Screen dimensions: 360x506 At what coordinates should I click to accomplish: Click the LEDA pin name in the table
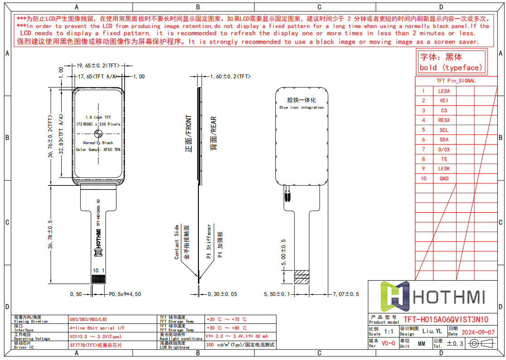[x=444, y=91]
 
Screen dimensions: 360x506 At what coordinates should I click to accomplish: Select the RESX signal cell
[x=444, y=120]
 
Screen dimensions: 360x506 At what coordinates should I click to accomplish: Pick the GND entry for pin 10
[x=444, y=179]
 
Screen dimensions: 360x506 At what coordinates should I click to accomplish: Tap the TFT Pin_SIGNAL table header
[x=456, y=81]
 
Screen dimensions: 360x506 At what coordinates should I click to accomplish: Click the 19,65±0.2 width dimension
[x=93, y=65]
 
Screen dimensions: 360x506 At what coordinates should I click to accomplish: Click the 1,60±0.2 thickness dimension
[x=230, y=77]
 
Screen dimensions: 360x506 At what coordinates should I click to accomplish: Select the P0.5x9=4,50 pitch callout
[x=125, y=294]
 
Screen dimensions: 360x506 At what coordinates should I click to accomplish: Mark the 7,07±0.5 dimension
[x=346, y=294]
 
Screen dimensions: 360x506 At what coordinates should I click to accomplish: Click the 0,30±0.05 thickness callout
[x=222, y=294]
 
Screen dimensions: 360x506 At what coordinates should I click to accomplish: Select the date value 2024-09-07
[x=478, y=332]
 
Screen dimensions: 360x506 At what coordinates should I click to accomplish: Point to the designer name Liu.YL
[x=432, y=331]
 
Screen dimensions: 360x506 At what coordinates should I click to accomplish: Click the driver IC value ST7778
[x=95, y=345]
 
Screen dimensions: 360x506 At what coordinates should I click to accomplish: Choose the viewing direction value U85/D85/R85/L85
[x=88, y=319]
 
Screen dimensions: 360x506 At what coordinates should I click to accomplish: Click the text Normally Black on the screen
[x=98, y=143]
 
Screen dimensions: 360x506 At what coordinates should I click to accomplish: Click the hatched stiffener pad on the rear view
[x=302, y=277]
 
